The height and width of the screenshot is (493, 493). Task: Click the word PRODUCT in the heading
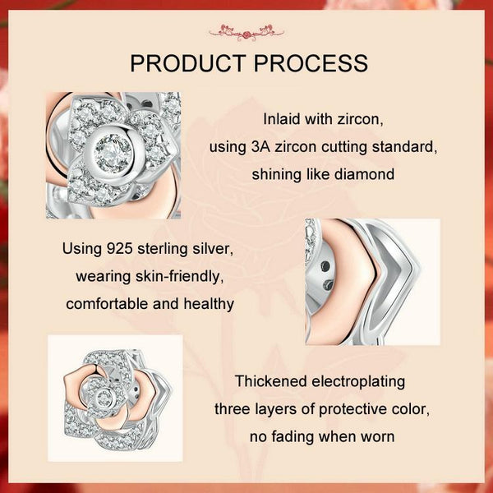click(187, 63)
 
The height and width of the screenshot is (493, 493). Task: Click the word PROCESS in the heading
click(311, 63)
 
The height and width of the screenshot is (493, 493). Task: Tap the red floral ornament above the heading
click(246, 32)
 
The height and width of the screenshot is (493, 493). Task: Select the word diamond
click(364, 174)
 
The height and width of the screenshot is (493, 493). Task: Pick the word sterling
click(161, 249)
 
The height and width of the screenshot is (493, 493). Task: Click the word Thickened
click(271, 381)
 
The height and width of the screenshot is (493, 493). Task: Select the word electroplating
click(358, 382)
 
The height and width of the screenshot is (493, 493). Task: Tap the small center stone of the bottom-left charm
click(103, 398)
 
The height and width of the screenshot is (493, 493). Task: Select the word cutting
click(346, 147)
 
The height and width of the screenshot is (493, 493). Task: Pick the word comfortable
click(108, 304)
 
